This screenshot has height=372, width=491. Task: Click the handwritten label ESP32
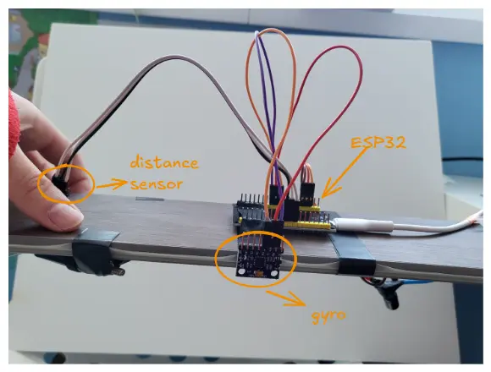coord(378,143)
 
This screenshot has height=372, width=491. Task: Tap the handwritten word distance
coord(164,162)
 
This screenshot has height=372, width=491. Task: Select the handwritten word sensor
coord(157,184)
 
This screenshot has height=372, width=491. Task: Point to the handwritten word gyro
coord(328,316)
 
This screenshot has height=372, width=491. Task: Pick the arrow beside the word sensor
coord(112,184)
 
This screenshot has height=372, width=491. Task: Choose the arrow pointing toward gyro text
coord(285,298)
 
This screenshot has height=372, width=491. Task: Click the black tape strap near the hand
coord(93,250)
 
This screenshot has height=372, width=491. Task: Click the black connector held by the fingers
coord(60,184)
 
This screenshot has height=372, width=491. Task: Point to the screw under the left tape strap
coord(119,271)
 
